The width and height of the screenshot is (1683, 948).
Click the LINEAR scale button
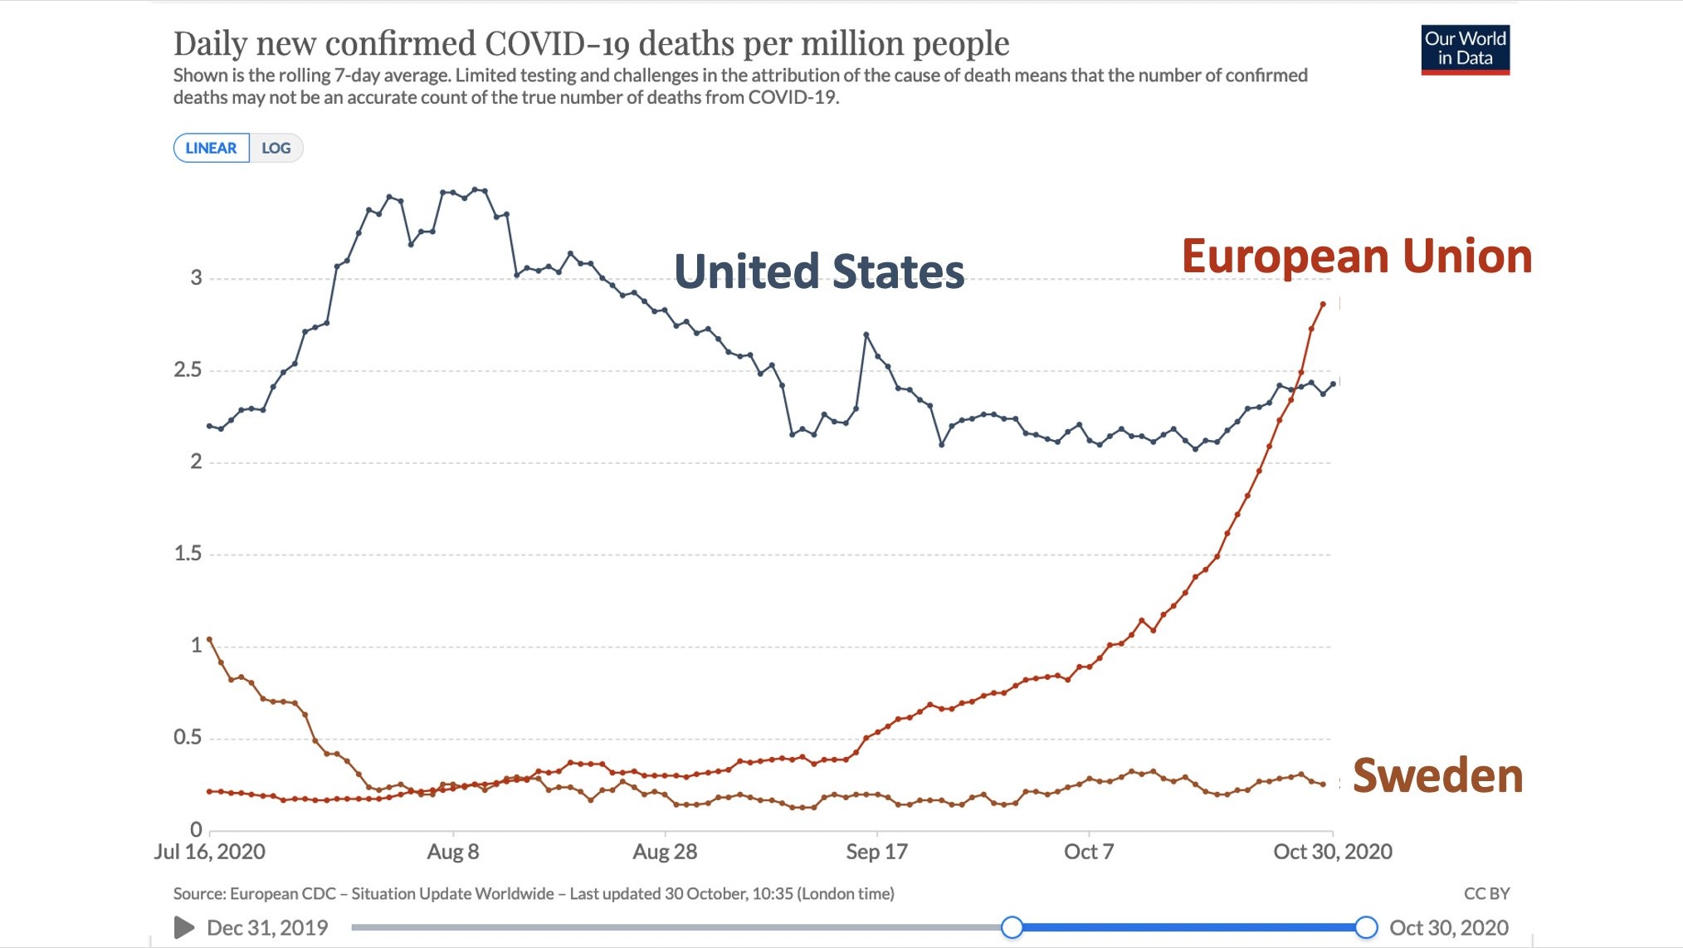coord(211,149)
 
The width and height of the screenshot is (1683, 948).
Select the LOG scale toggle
coord(276,149)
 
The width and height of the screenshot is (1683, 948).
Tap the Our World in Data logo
coord(1465,49)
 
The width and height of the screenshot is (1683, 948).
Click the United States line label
coord(819,272)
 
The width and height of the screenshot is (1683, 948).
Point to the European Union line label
coord(1356,257)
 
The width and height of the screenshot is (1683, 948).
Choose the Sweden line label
coord(1437,776)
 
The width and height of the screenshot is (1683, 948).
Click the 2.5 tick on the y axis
coord(188,370)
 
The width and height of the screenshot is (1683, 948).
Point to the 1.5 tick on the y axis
coord(188,554)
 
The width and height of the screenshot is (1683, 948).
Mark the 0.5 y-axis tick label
coord(188,737)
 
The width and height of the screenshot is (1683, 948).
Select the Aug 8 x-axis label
coord(452,852)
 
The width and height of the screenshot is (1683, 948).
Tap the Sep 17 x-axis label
coord(876,852)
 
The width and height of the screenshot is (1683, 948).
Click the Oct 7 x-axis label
coord(1088,852)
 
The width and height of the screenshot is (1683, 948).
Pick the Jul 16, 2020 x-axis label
coord(210,852)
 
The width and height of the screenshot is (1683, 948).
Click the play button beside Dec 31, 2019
coord(184,927)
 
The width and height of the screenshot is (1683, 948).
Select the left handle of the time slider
coord(1012,927)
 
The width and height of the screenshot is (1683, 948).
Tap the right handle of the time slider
coord(1366,927)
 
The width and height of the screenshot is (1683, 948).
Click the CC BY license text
coord(1486,894)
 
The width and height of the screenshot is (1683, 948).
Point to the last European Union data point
coord(1323,305)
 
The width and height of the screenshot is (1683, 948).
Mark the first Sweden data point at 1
coord(209,639)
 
